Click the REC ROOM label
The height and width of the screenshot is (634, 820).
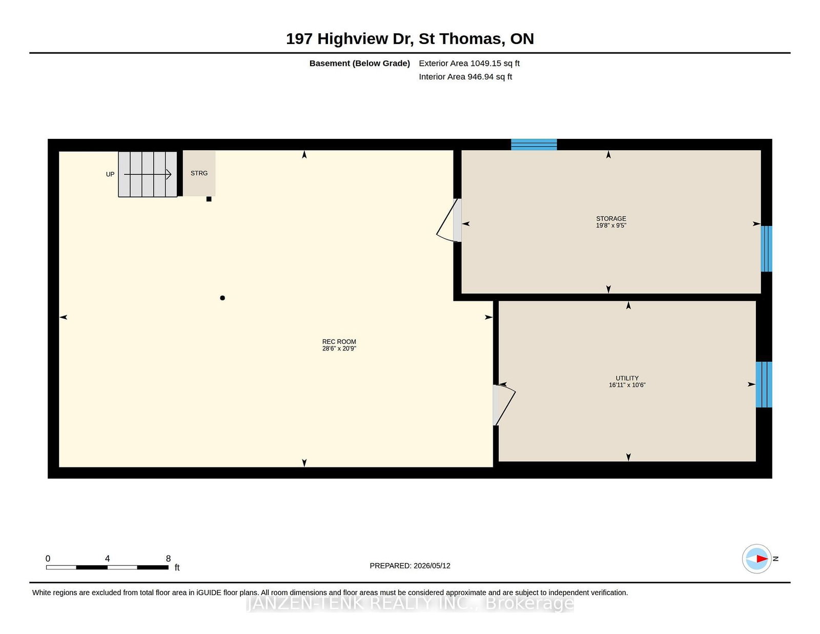click(339, 341)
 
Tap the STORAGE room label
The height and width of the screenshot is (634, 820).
click(611, 218)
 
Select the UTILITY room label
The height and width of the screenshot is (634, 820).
click(627, 378)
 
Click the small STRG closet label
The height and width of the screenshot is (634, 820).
click(199, 173)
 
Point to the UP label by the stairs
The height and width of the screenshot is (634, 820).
click(110, 174)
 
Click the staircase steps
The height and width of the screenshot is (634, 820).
click(148, 174)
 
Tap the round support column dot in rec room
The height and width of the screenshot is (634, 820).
click(222, 298)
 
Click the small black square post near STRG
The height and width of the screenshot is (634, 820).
click(209, 199)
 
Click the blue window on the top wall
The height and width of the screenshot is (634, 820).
click(534, 145)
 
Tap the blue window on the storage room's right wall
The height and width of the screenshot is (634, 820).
click(766, 249)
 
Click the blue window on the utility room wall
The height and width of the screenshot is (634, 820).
click(764, 384)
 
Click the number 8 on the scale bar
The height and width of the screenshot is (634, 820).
click(168, 559)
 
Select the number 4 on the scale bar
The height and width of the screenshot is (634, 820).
click(107, 559)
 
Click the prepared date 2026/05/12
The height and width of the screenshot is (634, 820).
click(432, 566)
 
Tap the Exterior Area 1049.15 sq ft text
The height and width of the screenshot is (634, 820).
click(469, 64)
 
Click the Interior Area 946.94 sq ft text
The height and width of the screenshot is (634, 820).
click(465, 76)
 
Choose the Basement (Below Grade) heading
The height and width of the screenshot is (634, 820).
click(360, 64)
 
